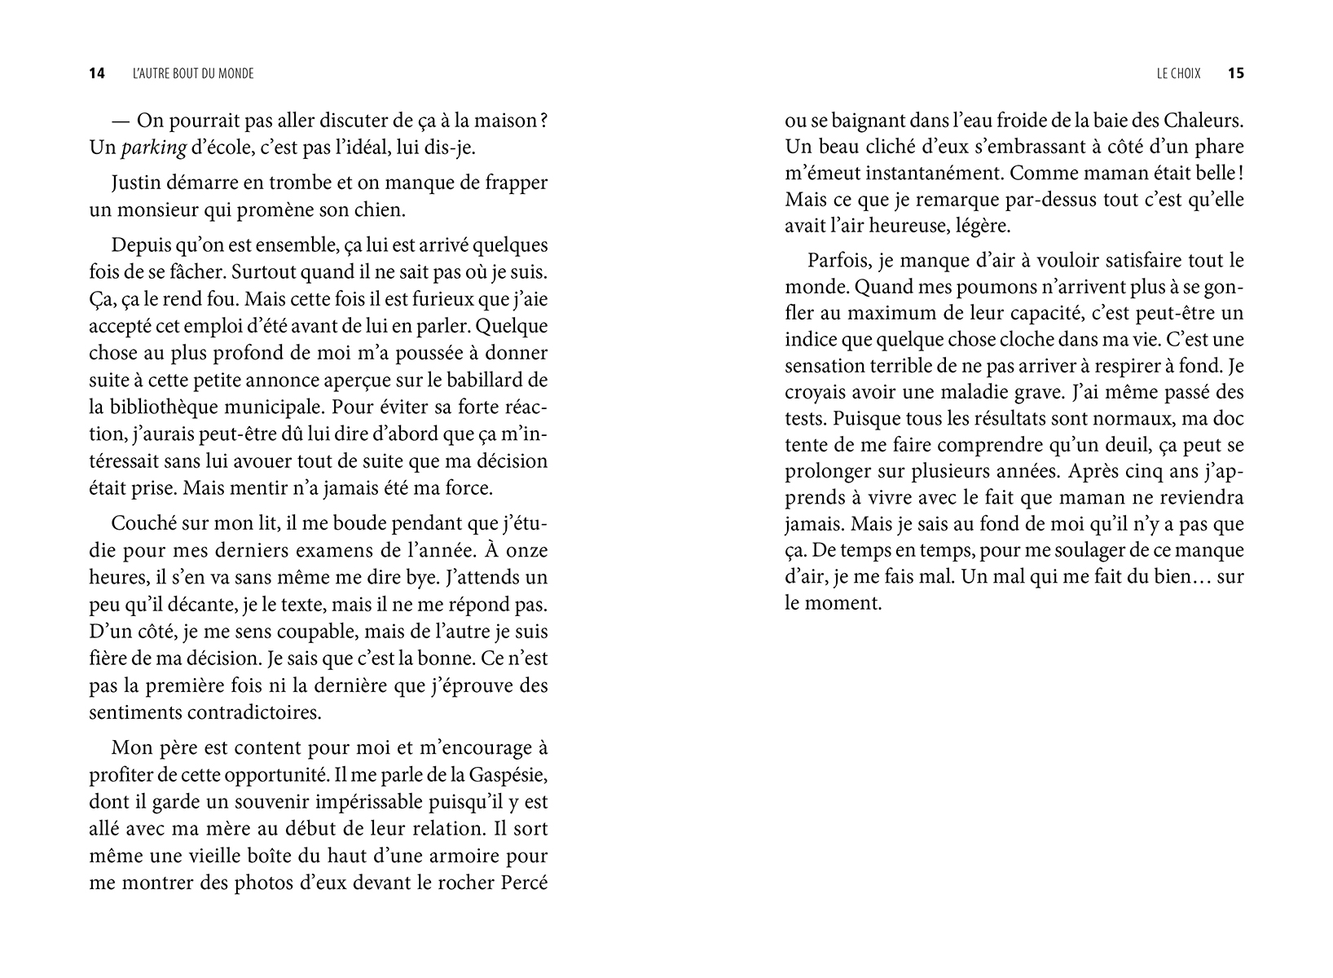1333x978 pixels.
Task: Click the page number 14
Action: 97,73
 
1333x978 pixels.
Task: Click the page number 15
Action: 1236,73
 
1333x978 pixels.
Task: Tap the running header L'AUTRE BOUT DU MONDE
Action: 193,73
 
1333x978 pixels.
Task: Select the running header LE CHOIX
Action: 1178,73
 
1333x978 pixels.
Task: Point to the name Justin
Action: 135,183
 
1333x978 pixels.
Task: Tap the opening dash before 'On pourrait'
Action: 121,121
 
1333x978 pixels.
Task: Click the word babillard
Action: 501,380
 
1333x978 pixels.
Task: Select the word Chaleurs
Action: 1203,121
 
